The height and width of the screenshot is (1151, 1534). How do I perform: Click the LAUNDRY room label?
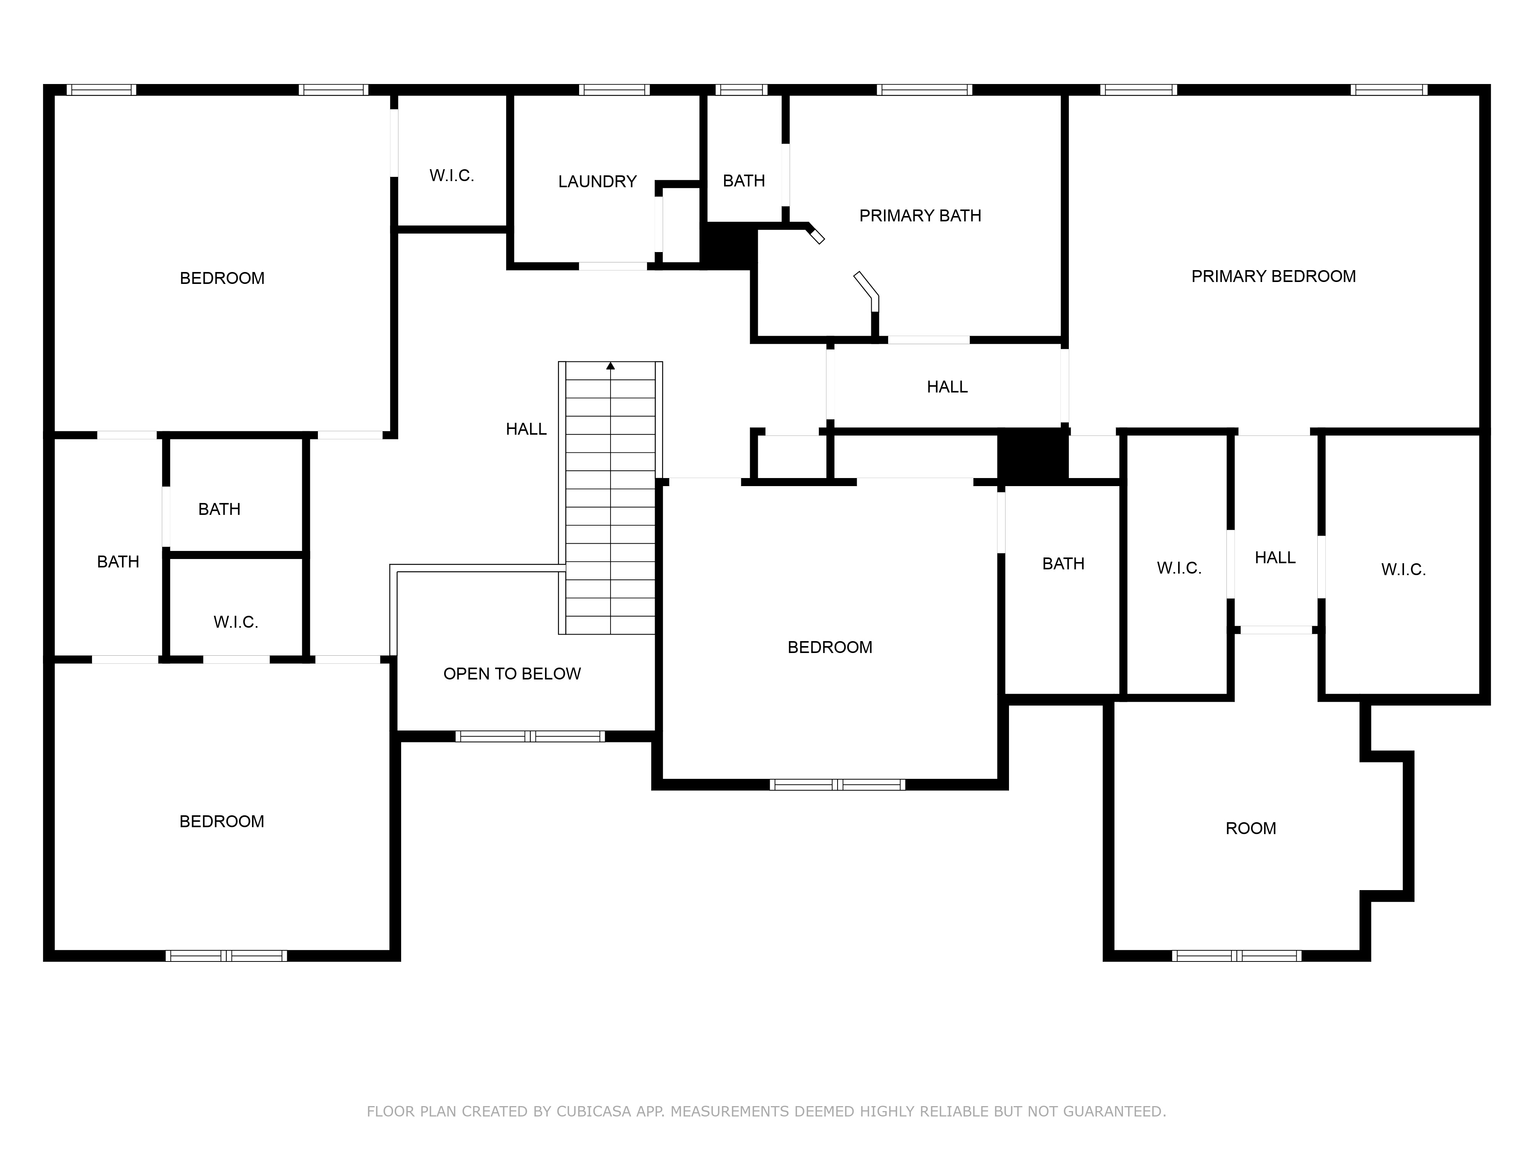(x=597, y=182)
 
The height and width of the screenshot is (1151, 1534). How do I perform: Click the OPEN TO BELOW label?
(x=512, y=674)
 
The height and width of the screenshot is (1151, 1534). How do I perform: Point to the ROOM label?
(x=1250, y=828)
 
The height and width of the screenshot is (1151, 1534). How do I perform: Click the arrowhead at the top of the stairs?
(x=610, y=366)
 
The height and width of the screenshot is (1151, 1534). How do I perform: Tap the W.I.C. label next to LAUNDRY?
(x=451, y=176)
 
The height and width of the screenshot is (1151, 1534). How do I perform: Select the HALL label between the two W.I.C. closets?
(x=1275, y=558)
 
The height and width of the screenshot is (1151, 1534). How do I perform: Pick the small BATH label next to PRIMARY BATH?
(x=744, y=181)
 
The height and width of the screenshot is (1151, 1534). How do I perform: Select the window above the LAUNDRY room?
(x=614, y=89)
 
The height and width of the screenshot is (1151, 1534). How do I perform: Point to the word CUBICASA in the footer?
(x=593, y=1111)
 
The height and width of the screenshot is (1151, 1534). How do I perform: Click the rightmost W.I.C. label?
(x=1403, y=570)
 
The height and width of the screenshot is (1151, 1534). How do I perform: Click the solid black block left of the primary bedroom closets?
(x=1032, y=456)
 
